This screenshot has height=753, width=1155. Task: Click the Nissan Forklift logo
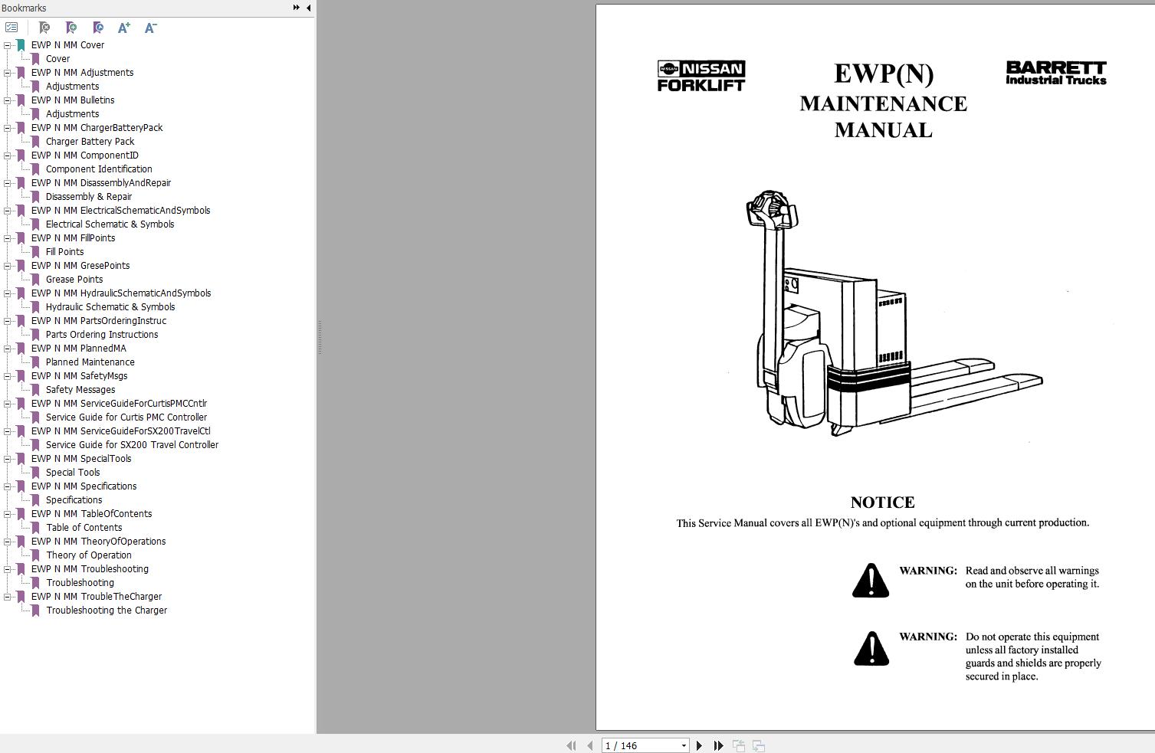[x=701, y=77]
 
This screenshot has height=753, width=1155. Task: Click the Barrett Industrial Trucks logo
[x=1055, y=73]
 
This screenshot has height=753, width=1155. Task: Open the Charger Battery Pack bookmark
[x=90, y=142]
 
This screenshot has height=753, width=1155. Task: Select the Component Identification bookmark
[x=98, y=169]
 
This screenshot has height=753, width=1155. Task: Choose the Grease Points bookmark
[x=74, y=280]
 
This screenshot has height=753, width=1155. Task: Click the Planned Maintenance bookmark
[x=90, y=362]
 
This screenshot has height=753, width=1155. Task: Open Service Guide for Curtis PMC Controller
[x=126, y=417]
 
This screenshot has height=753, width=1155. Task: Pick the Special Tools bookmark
[x=73, y=473]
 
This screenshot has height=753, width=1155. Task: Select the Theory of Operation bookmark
[x=88, y=555]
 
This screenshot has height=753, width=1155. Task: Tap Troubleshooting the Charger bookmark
[x=107, y=611]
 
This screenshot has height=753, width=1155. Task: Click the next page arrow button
[x=699, y=745]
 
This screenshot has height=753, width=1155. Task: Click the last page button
[x=718, y=745]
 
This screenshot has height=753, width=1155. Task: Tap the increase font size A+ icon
[x=124, y=28]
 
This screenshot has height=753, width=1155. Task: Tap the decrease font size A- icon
[x=150, y=28]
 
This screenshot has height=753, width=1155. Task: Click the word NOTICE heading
[x=882, y=503]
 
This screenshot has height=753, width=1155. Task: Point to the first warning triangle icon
[x=871, y=581]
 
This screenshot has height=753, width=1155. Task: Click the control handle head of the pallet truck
[x=771, y=208]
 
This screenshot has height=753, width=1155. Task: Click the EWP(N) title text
[x=883, y=74]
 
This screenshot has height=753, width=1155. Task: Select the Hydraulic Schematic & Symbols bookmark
[x=110, y=307]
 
